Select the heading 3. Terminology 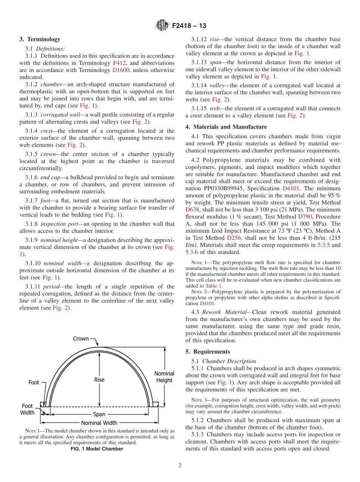point(40,39)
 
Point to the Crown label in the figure point(81,339)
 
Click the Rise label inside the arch point(99,380)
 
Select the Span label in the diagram point(99,414)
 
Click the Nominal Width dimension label point(99,423)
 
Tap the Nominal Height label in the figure point(164,377)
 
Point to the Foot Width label point(27,409)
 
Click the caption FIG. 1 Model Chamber point(97,449)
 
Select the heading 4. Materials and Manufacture point(226,127)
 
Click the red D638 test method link point(192,210)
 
